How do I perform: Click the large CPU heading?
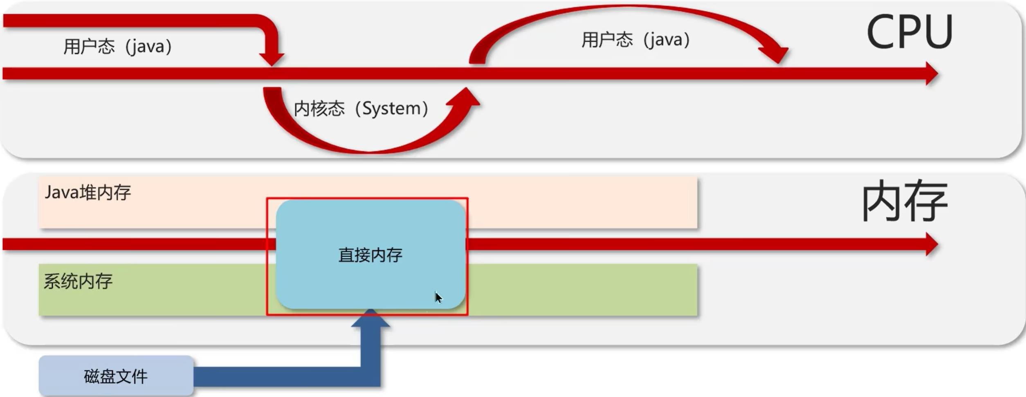[909, 32]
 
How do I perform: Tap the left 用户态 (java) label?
[117, 46]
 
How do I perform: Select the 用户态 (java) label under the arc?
[635, 40]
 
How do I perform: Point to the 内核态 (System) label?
[361, 108]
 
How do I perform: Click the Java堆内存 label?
[88, 192]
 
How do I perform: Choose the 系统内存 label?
[78, 282]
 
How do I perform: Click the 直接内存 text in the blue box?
[370, 255]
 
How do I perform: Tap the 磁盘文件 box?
[116, 376]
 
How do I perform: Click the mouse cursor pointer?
[438, 298]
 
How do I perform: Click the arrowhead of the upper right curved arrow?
[775, 54]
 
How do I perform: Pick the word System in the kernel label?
[391, 108]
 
